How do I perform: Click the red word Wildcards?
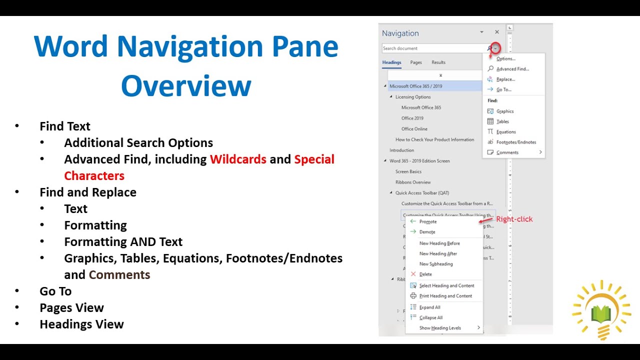238,159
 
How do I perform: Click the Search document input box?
432,48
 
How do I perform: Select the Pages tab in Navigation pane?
416,62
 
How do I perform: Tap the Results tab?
438,62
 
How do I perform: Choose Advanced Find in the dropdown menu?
512,69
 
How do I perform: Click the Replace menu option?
505,79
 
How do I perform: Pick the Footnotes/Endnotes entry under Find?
516,142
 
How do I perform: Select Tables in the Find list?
502,121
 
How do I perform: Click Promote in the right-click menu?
428,221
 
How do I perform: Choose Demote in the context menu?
427,232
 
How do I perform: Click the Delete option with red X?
425,274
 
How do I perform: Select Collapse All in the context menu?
431,317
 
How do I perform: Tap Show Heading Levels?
440,328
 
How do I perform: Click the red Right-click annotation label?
514,219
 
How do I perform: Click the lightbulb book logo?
601,310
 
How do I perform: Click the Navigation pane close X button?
496,32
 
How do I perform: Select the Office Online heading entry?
414,129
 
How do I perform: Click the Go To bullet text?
55,291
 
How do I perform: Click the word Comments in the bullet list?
119,275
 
